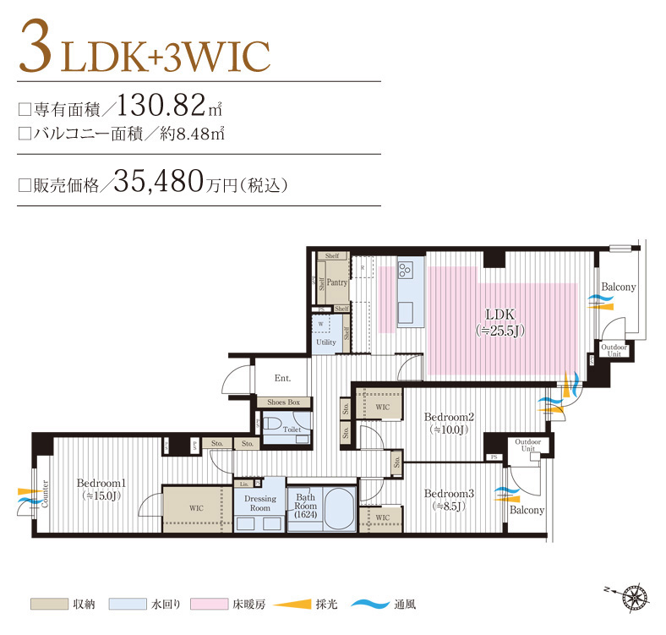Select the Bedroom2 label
(447, 417)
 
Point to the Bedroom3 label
(447, 494)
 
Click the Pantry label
(337, 283)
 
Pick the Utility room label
(325, 342)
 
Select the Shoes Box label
(283, 402)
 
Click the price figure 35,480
(158, 181)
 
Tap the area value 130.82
(162, 105)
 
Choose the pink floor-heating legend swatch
(210, 604)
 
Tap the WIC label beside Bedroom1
(197, 508)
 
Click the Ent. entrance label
(282, 379)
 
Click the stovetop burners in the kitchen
(405, 271)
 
